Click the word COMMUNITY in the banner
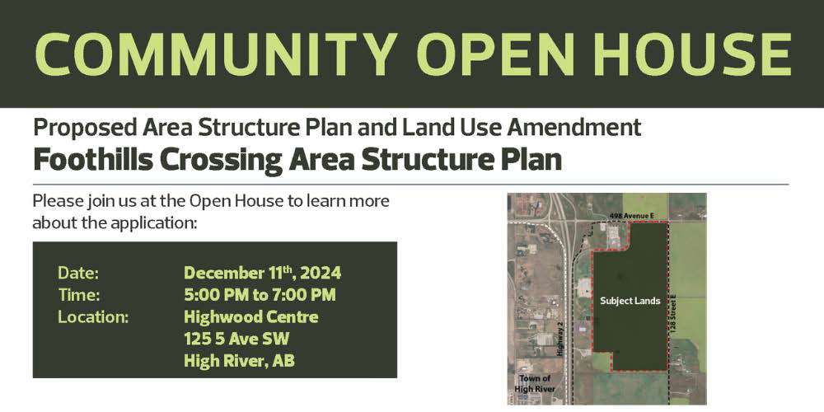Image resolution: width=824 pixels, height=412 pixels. (216, 54)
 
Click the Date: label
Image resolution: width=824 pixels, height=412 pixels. (78, 274)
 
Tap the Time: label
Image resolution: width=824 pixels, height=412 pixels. (79, 295)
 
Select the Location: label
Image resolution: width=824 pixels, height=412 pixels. (93, 317)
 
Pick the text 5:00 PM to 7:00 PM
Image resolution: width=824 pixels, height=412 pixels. (260, 295)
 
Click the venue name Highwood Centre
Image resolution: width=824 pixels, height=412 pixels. (251, 317)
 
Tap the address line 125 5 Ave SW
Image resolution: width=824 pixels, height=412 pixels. (236, 339)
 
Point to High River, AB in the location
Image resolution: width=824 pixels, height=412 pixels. (239, 362)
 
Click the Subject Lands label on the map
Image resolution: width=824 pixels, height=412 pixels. (630, 302)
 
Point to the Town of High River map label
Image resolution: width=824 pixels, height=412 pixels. (535, 384)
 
